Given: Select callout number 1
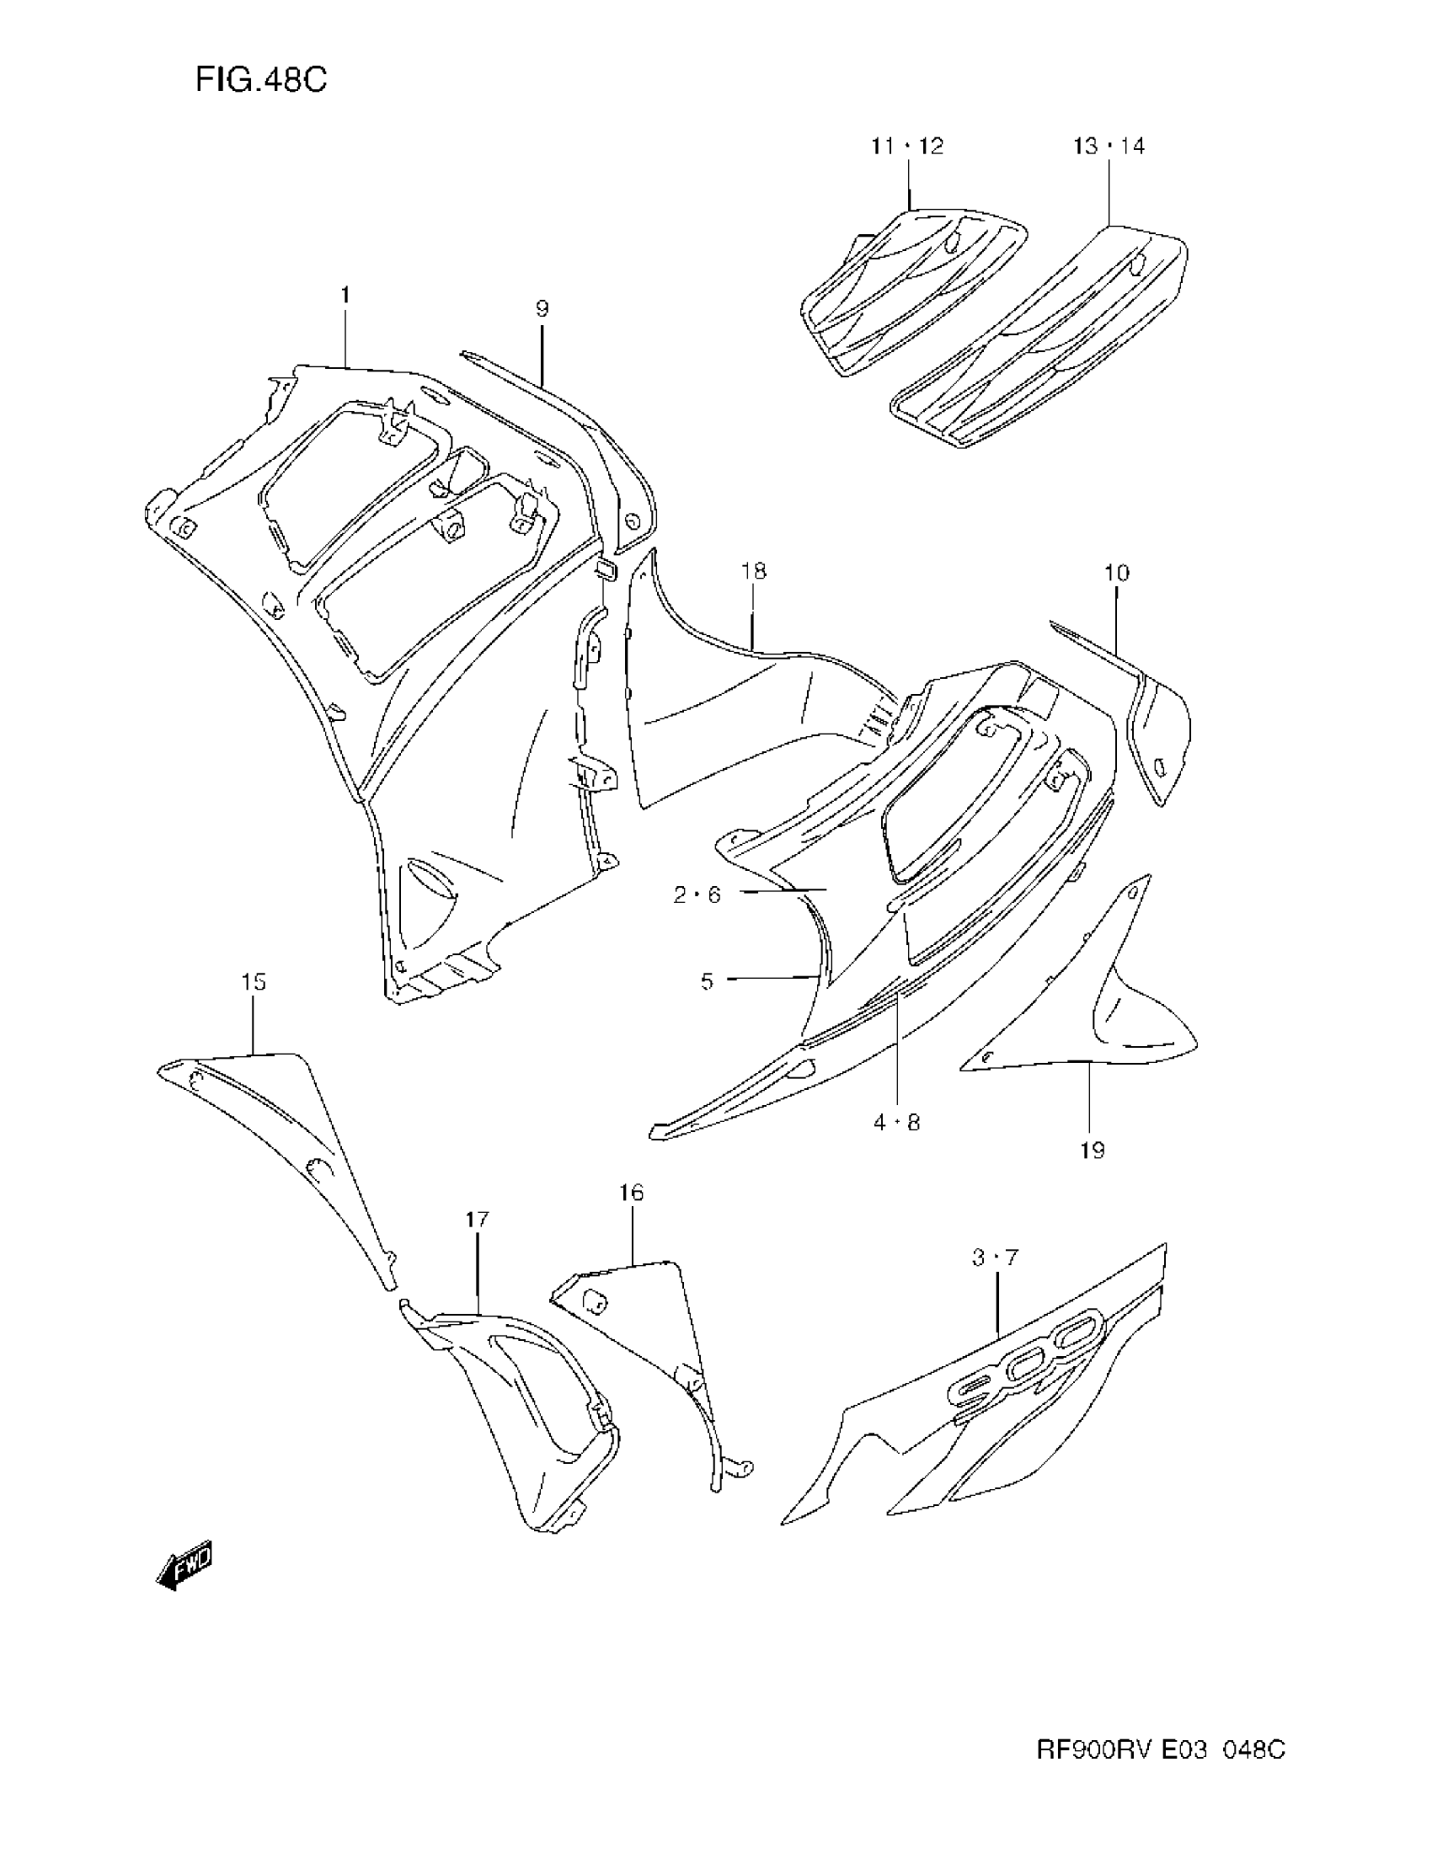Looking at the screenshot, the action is point(345,295).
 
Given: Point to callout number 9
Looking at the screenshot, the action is point(542,309).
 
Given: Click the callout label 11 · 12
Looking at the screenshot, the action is point(907,146).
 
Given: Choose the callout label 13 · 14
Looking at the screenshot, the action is point(1109,146).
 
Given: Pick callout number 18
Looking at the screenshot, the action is point(753,571).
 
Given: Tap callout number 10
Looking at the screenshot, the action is point(1116,573).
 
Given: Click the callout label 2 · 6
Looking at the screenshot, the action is point(697,894).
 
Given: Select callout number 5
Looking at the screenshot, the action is point(708,981).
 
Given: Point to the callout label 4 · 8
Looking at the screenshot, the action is point(897,1123).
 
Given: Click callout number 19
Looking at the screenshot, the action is point(1093,1151).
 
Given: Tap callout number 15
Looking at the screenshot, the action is point(254,981).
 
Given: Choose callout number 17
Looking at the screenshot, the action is point(477,1220).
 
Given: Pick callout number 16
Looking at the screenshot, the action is point(631,1193).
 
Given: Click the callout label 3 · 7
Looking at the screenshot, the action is point(995,1258).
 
